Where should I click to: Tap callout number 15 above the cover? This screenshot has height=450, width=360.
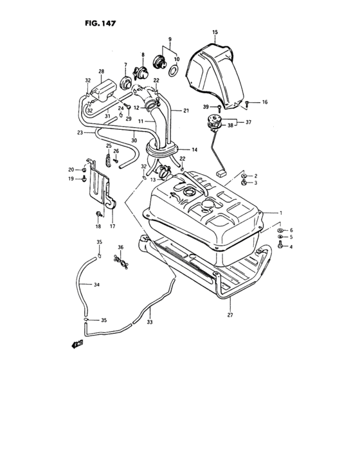coord(215,32)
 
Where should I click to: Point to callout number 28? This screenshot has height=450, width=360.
coord(101,71)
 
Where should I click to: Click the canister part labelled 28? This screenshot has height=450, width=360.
coord(104,87)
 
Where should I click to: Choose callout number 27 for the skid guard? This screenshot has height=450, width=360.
coord(230,315)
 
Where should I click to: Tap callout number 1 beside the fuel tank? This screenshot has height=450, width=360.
coord(280,212)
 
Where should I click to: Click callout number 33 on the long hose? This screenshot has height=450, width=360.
coord(150,322)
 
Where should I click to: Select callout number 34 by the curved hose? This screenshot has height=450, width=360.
coord(96,283)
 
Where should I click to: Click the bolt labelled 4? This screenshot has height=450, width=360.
coord(282,246)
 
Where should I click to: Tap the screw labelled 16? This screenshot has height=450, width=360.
coord(248,103)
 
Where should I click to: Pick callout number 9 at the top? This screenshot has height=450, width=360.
coord(170,39)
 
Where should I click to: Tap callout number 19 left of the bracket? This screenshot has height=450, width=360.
coord(72,179)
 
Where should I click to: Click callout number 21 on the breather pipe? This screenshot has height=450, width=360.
coord(186,111)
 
